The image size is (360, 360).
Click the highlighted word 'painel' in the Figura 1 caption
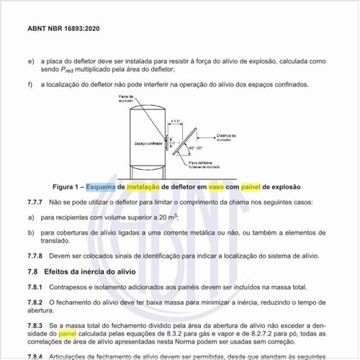click(251, 186)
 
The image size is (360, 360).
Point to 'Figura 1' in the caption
click(63, 186)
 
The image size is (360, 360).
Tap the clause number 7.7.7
click(37, 202)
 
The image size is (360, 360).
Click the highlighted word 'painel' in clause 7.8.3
click(67, 335)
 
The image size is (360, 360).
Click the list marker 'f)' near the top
click(30, 85)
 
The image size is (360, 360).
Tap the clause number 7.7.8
click(37, 256)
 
